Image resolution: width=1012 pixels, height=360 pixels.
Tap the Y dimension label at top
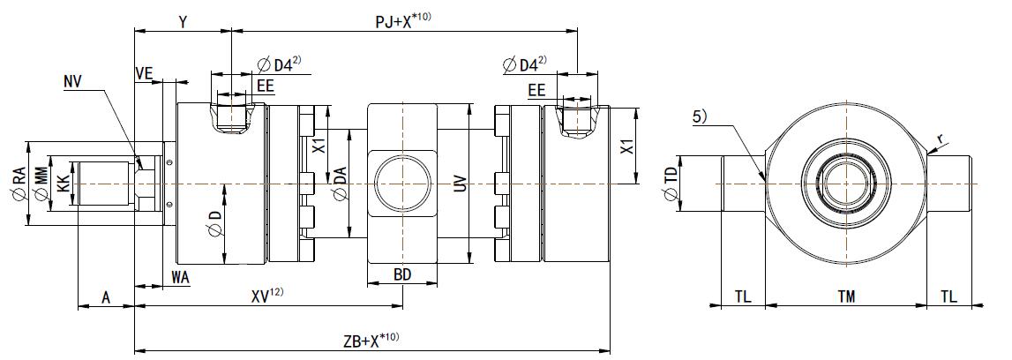click(x=182, y=20)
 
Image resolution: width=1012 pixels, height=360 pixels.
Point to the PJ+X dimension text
click(x=402, y=19)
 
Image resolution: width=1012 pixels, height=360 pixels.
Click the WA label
click(x=181, y=277)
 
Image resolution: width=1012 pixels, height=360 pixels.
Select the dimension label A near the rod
click(x=106, y=297)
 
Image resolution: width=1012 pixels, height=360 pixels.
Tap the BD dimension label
click(x=402, y=275)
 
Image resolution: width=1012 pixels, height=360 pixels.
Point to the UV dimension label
click(x=459, y=184)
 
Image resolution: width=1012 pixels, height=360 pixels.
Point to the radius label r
click(x=941, y=139)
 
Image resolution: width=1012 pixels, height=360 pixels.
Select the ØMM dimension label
click(x=40, y=183)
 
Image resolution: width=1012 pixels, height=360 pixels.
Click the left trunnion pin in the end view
click(x=743, y=184)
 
